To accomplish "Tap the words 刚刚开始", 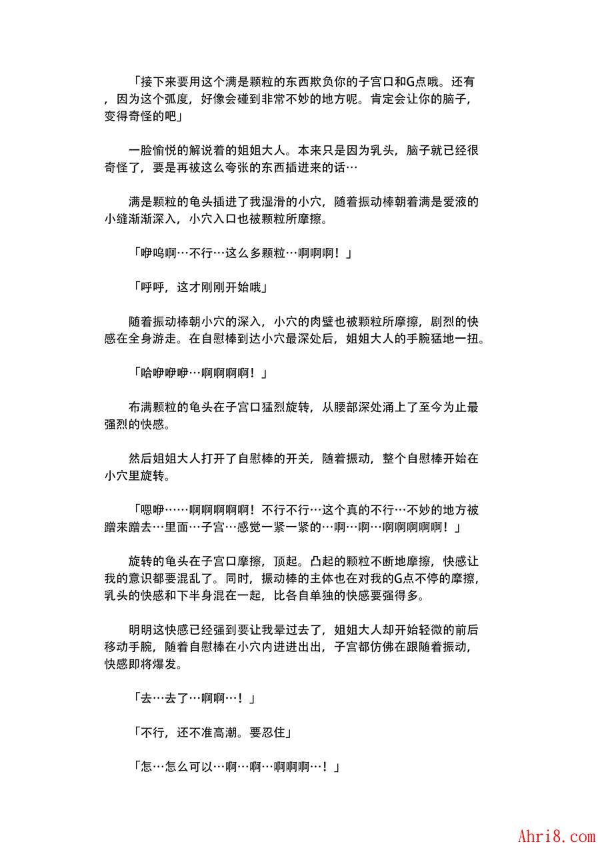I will [220, 287].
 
